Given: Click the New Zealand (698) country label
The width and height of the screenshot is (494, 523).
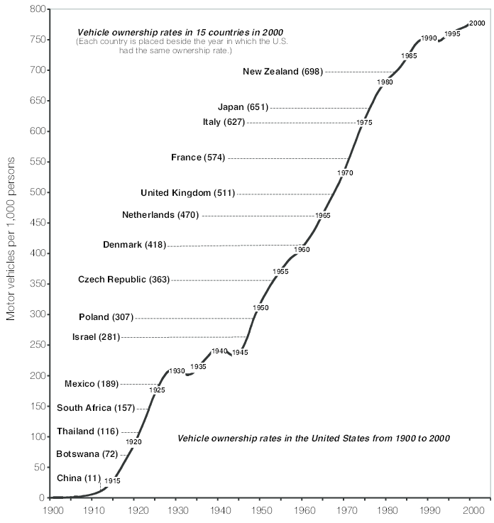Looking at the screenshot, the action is coord(283,72).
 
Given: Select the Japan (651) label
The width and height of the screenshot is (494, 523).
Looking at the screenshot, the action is coord(243,107).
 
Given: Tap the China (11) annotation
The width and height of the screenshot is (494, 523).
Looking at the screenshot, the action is coord(79,478).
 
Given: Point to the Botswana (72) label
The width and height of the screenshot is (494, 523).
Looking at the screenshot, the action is coord(87,454).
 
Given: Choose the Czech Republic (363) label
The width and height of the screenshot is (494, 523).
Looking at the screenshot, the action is coord(123,280).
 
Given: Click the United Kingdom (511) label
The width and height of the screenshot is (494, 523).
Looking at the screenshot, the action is coord(188,193).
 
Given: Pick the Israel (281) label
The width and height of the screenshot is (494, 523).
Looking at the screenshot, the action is coord(96,337).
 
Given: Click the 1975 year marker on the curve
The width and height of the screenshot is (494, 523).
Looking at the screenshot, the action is coord(364,122).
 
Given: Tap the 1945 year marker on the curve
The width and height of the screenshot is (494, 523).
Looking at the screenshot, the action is coord(240,352).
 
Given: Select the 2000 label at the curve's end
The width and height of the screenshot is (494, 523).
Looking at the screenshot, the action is coord(477,23).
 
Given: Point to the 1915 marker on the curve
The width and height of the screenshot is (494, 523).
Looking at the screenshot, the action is coord(112,480).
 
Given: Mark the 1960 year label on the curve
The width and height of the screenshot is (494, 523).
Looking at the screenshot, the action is coord(302,250).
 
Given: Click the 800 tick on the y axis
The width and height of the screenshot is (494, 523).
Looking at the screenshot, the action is coord(38,9).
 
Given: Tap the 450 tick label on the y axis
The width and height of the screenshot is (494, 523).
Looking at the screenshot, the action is coord(38,223).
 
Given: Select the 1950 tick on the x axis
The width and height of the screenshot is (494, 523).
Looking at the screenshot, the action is coord(262,510).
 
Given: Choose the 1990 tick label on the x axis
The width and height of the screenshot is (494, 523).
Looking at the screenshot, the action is coord(430,510).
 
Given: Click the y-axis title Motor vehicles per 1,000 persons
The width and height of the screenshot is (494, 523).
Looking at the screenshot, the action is coord(11,239).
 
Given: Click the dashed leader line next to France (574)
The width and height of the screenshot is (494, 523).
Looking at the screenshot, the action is coord(289,158).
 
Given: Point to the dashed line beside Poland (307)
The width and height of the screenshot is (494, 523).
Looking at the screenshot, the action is coord(194,318).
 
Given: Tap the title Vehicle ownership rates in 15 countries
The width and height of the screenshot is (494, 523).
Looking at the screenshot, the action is coord(180,33).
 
